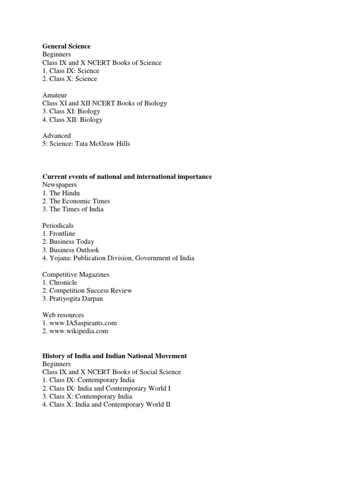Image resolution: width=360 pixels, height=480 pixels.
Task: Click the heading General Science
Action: click(66, 46)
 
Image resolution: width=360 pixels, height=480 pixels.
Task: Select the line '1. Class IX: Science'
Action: click(71, 71)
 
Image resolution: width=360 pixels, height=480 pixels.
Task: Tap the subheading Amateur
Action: click(54, 95)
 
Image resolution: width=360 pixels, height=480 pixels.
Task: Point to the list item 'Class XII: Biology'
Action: click(75, 120)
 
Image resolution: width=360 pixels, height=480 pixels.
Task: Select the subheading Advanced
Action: click(56, 135)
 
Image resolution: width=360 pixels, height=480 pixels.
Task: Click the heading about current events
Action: click(127, 177)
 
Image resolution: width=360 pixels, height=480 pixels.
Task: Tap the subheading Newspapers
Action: click(60, 185)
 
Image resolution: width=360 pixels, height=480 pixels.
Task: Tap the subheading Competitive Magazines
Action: click(75, 274)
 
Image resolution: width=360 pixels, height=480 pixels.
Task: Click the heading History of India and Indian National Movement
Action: click(114, 356)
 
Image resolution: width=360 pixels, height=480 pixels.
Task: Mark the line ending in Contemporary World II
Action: click(106, 404)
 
